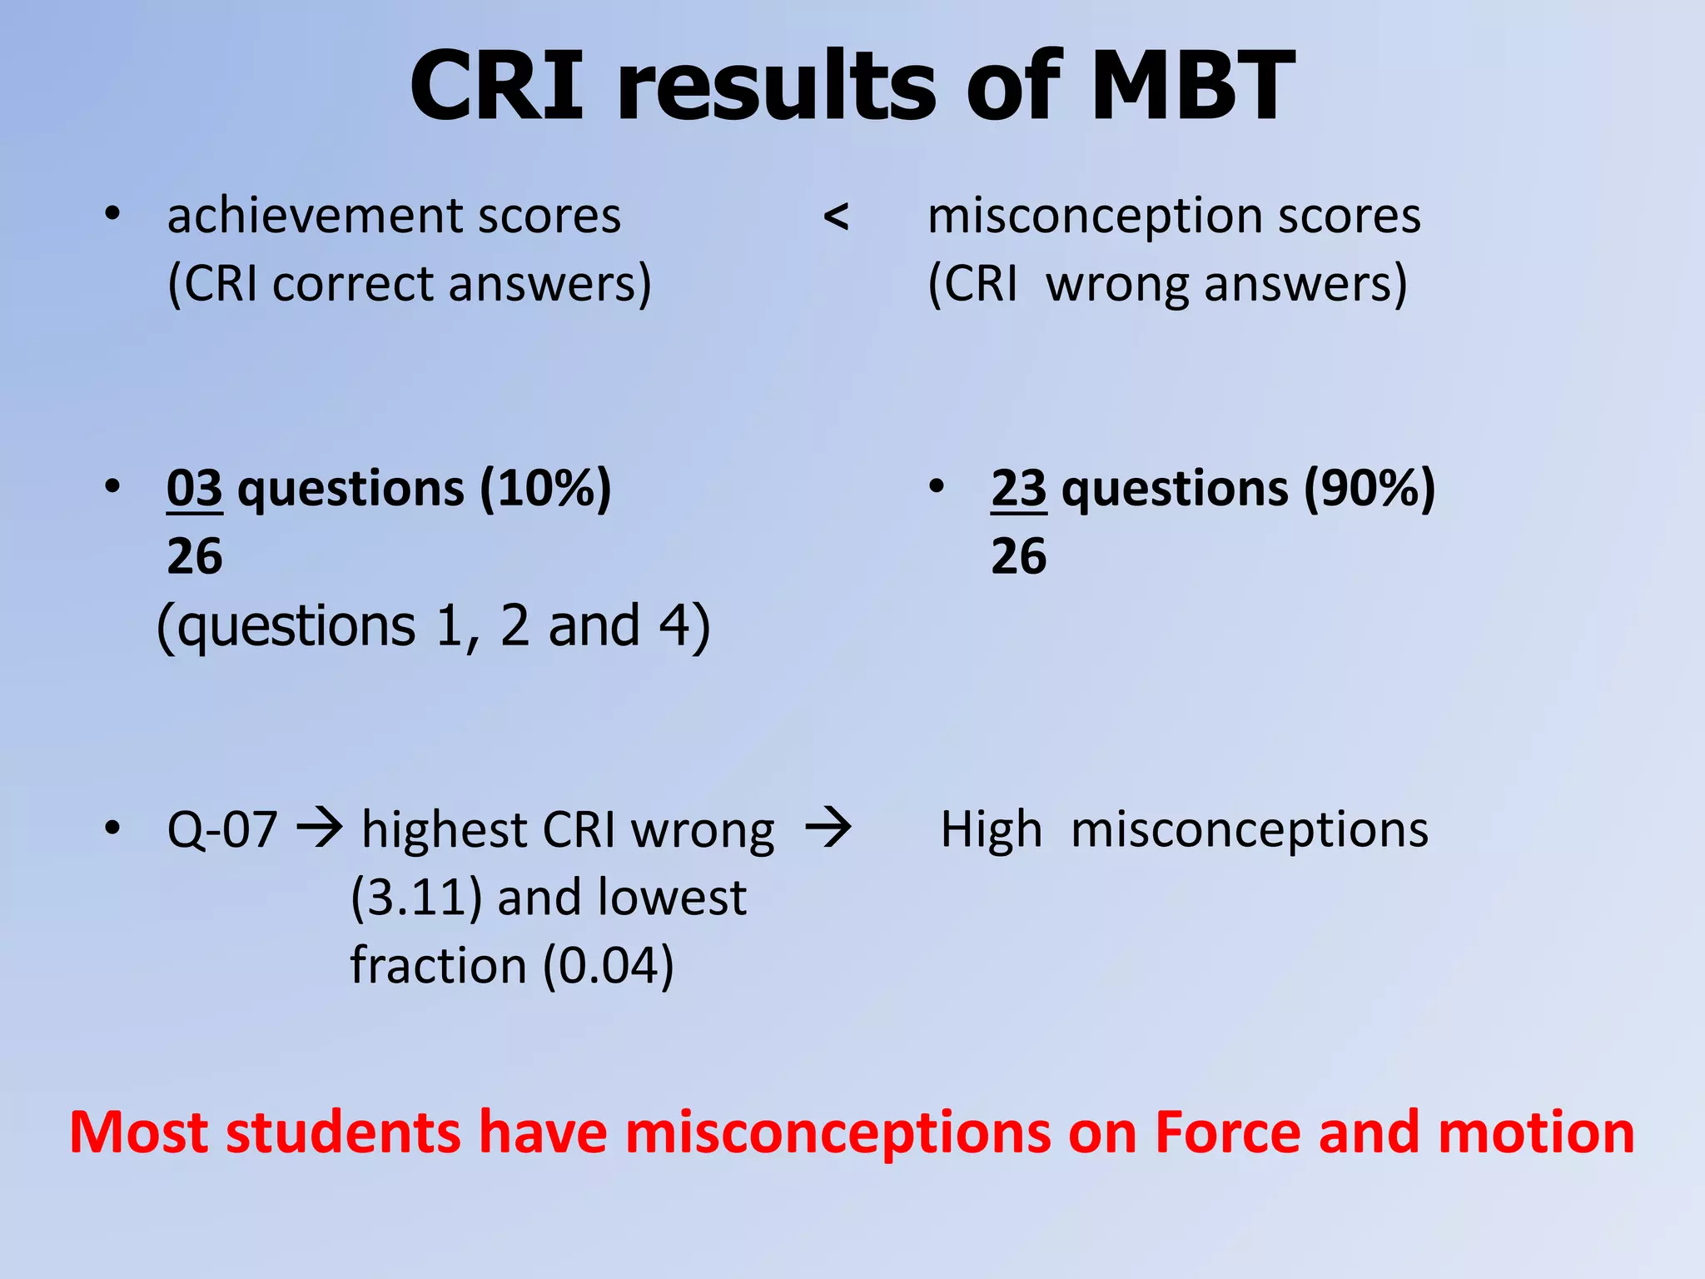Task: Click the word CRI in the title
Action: (497, 86)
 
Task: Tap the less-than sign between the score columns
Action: (836, 217)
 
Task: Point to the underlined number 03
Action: (194, 488)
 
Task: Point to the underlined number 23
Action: (1018, 488)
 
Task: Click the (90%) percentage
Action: (1369, 488)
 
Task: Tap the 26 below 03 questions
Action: (194, 556)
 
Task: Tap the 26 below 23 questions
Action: (1018, 556)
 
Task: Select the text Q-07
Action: (221, 830)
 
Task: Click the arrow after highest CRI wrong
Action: (828, 829)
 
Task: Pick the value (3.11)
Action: (416, 898)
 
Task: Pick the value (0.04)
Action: (608, 967)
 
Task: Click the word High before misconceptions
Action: (991, 830)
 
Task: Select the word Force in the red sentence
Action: (1227, 1132)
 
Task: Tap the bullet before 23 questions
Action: (937, 486)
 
